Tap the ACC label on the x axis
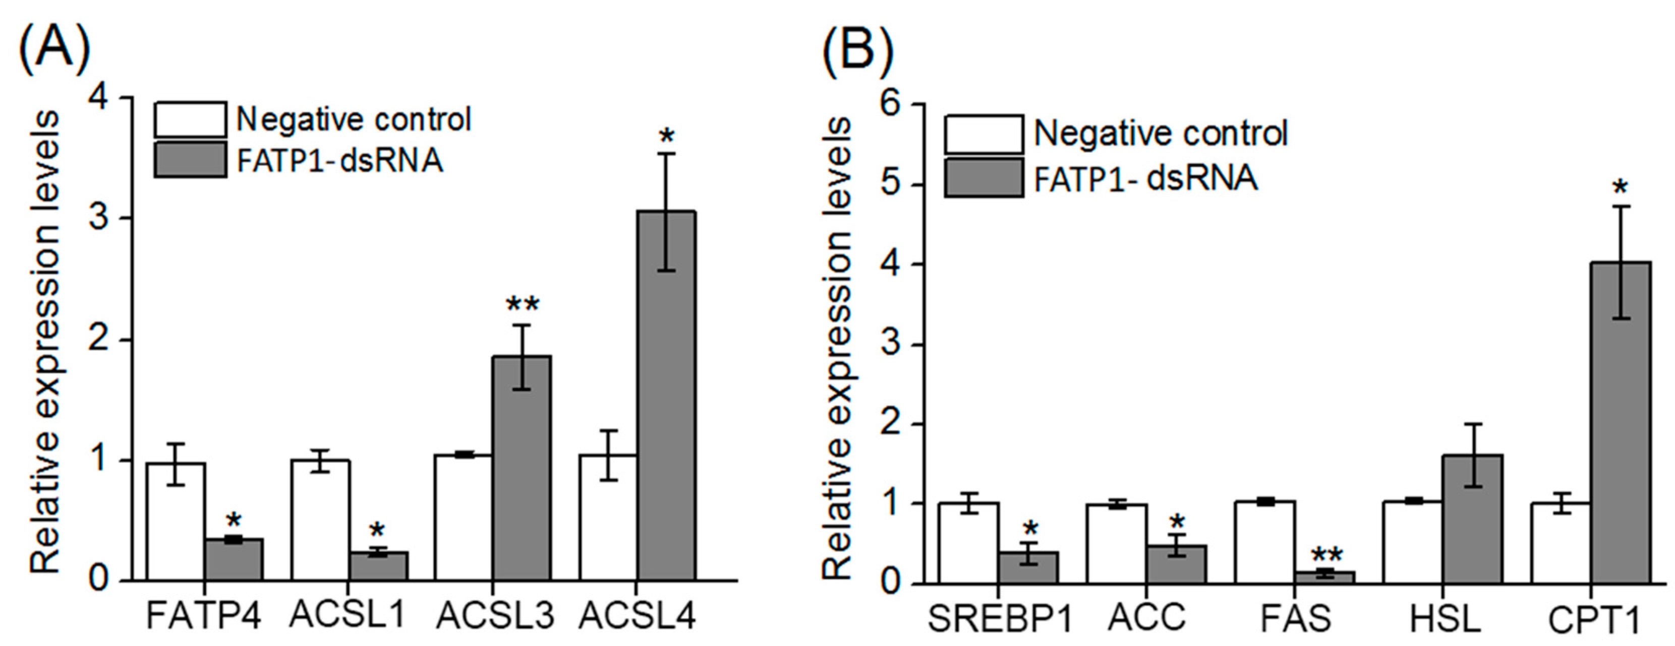pos(1146,617)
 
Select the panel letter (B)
pos(857,47)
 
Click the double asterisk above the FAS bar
pos(1326,555)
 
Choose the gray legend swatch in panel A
pos(191,160)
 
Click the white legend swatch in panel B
pos(983,134)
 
